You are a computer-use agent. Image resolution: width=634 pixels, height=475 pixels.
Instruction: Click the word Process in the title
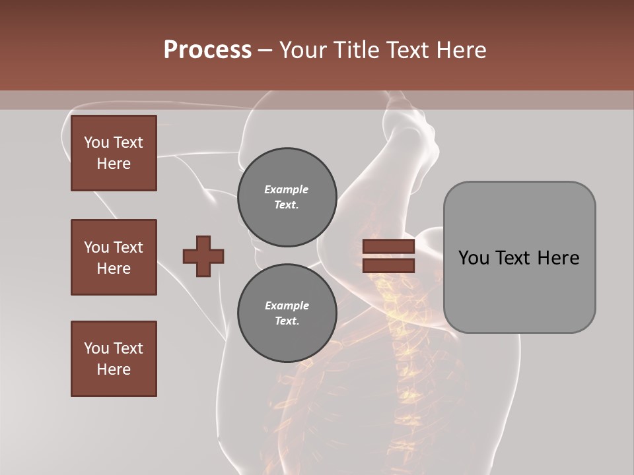point(207,50)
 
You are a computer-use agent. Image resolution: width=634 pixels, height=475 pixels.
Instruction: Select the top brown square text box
point(114,153)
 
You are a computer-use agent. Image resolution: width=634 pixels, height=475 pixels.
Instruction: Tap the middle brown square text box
point(114,257)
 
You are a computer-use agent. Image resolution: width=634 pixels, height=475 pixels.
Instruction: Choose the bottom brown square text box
point(114,359)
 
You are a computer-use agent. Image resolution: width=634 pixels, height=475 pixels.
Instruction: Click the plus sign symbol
point(203,256)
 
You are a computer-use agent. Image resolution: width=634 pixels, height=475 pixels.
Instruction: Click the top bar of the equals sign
point(388,247)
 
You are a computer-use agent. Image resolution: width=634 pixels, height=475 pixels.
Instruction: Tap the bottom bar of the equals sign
point(388,265)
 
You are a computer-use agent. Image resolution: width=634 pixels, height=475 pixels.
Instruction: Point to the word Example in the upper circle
point(287,189)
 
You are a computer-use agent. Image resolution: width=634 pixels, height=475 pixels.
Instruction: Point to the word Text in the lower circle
point(287,321)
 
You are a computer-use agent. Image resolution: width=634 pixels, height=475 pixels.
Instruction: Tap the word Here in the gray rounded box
point(558,258)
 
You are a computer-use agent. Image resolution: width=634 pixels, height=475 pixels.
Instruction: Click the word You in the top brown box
point(96,142)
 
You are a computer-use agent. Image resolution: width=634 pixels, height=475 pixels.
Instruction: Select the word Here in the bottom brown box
point(114,369)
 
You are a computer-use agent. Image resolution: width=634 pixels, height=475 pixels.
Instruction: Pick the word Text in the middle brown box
point(128,247)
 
